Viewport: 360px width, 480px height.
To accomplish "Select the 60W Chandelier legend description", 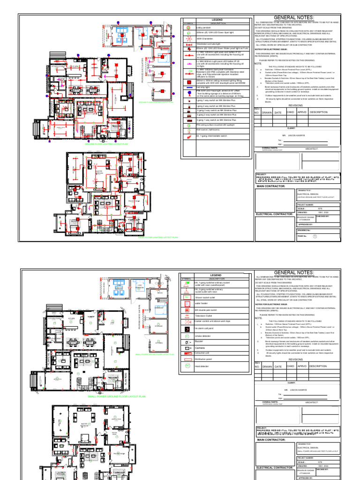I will coord(206,38).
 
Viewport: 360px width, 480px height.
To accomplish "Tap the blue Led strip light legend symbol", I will coord(188,87).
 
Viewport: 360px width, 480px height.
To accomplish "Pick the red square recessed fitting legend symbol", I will coord(188,81).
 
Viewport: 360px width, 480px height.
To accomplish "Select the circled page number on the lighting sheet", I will coord(315,236).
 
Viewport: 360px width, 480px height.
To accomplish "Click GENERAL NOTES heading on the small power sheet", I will coord(294,272).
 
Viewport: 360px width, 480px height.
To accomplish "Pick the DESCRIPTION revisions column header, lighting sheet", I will coord(319,112).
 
